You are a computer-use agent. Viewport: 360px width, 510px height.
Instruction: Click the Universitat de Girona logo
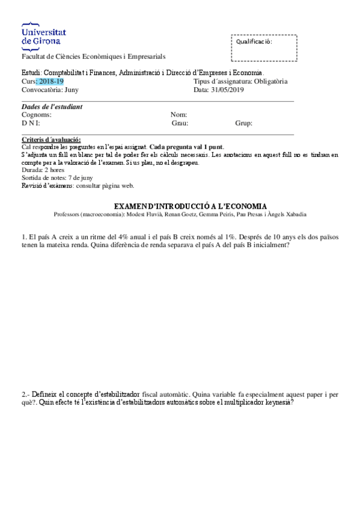(x=43, y=35)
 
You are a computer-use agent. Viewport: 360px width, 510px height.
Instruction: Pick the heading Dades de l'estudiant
(x=52, y=107)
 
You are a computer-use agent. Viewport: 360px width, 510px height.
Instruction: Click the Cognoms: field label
(x=36, y=115)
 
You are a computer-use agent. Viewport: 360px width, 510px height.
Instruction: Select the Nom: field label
(x=179, y=115)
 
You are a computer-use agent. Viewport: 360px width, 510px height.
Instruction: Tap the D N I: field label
(x=31, y=123)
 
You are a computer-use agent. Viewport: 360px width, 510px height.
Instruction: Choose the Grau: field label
(x=180, y=123)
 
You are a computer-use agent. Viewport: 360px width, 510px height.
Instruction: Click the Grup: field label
(x=243, y=123)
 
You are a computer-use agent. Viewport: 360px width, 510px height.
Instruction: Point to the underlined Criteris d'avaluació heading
(x=51, y=140)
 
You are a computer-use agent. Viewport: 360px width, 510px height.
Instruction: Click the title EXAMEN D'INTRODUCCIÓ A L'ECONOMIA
(x=190, y=206)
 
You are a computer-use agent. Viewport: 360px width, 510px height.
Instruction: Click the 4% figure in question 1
(x=126, y=237)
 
